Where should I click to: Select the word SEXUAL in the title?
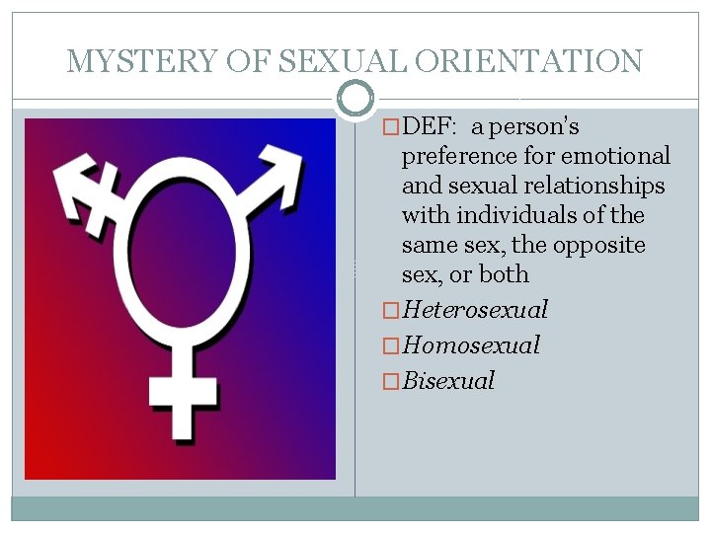coord(342,61)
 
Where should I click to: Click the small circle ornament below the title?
coord(355,98)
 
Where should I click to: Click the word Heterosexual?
coord(475,310)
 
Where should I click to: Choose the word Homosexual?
coord(471,345)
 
